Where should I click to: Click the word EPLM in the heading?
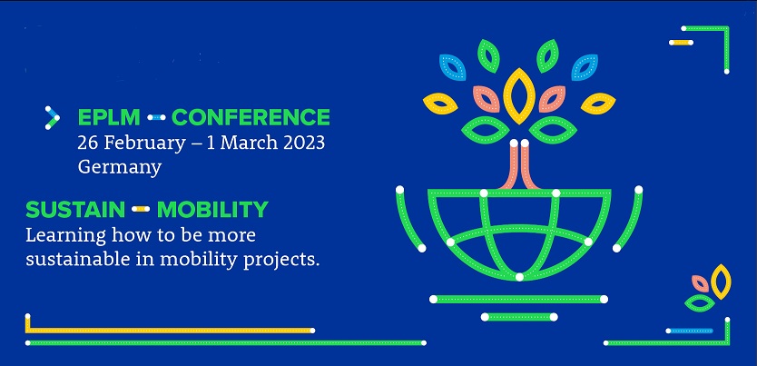pyautogui.click(x=109, y=117)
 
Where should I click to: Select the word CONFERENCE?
pyautogui.click(x=251, y=117)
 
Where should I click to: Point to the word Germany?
pyautogui.click(x=119, y=167)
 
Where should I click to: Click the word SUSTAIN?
pyautogui.click(x=75, y=210)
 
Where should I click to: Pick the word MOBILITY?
pyautogui.click(x=212, y=210)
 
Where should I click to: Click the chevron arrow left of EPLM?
pyautogui.click(x=52, y=118)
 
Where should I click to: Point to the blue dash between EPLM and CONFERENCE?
pyautogui.click(x=156, y=117)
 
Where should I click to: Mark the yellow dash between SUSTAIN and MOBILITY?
pyautogui.click(x=141, y=209)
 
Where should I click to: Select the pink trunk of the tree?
pyautogui.click(x=519, y=165)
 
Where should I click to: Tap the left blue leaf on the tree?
pyautogui.click(x=452, y=67)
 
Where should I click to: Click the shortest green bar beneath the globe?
pyautogui.click(x=519, y=317)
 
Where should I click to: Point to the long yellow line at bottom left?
pyautogui.click(x=169, y=331)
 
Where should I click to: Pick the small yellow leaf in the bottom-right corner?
pyautogui.click(x=722, y=282)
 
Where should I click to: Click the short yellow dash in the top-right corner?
pyautogui.click(x=681, y=43)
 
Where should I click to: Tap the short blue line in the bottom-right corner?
pyautogui.click(x=691, y=331)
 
